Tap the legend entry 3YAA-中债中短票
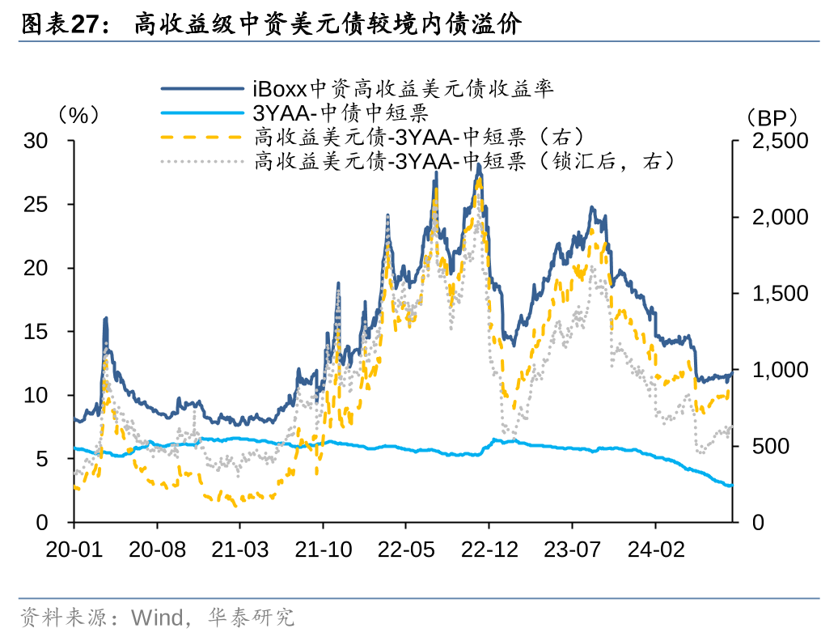(x=340, y=112)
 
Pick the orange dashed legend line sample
(x=202, y=136)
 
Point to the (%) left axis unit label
(x=78, y=115)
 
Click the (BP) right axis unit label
(x=772, y=117)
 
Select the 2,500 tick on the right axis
(x=780, y=141)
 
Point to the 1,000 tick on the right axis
(x=780, y=370)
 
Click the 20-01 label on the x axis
(x=74, y=549)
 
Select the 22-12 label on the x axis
(x=489, y=549)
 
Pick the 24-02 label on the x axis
(x=656, y=549)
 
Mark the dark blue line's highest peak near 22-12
(x=479, y=164)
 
